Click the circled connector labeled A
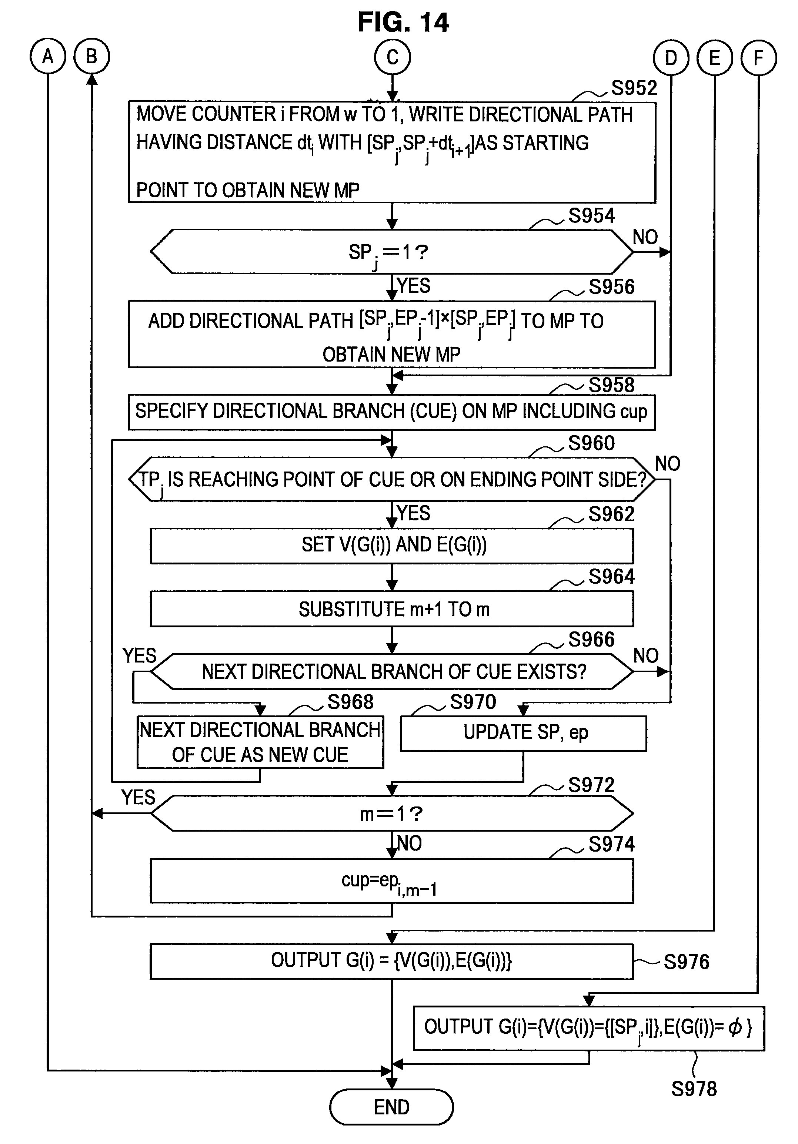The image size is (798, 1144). tap(48, 56)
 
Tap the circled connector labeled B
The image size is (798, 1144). tap(92, 56)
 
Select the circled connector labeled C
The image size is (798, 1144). tap(392, 57)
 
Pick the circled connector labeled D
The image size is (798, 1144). tap(671, 58)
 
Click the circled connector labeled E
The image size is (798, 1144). tap(715, 58)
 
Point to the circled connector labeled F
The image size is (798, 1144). tap(758, 58)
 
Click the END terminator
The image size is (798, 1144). tap(391, 1107)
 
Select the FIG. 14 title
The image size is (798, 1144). tap(403, 23)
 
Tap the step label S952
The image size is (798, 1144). tap(634, 88)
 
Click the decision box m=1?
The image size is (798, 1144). tap(392, 813)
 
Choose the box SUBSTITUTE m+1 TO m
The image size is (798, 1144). tap(392, 609)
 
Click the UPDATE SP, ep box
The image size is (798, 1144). tap(523, 733)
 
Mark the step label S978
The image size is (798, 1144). tap(694, 1089)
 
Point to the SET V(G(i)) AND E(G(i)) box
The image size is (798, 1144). tap(392, 546)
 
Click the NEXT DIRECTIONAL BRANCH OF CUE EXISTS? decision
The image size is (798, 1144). tap(392, 672)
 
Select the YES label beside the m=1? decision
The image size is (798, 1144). tap(138, 797)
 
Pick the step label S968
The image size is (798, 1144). tap(350, 702)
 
